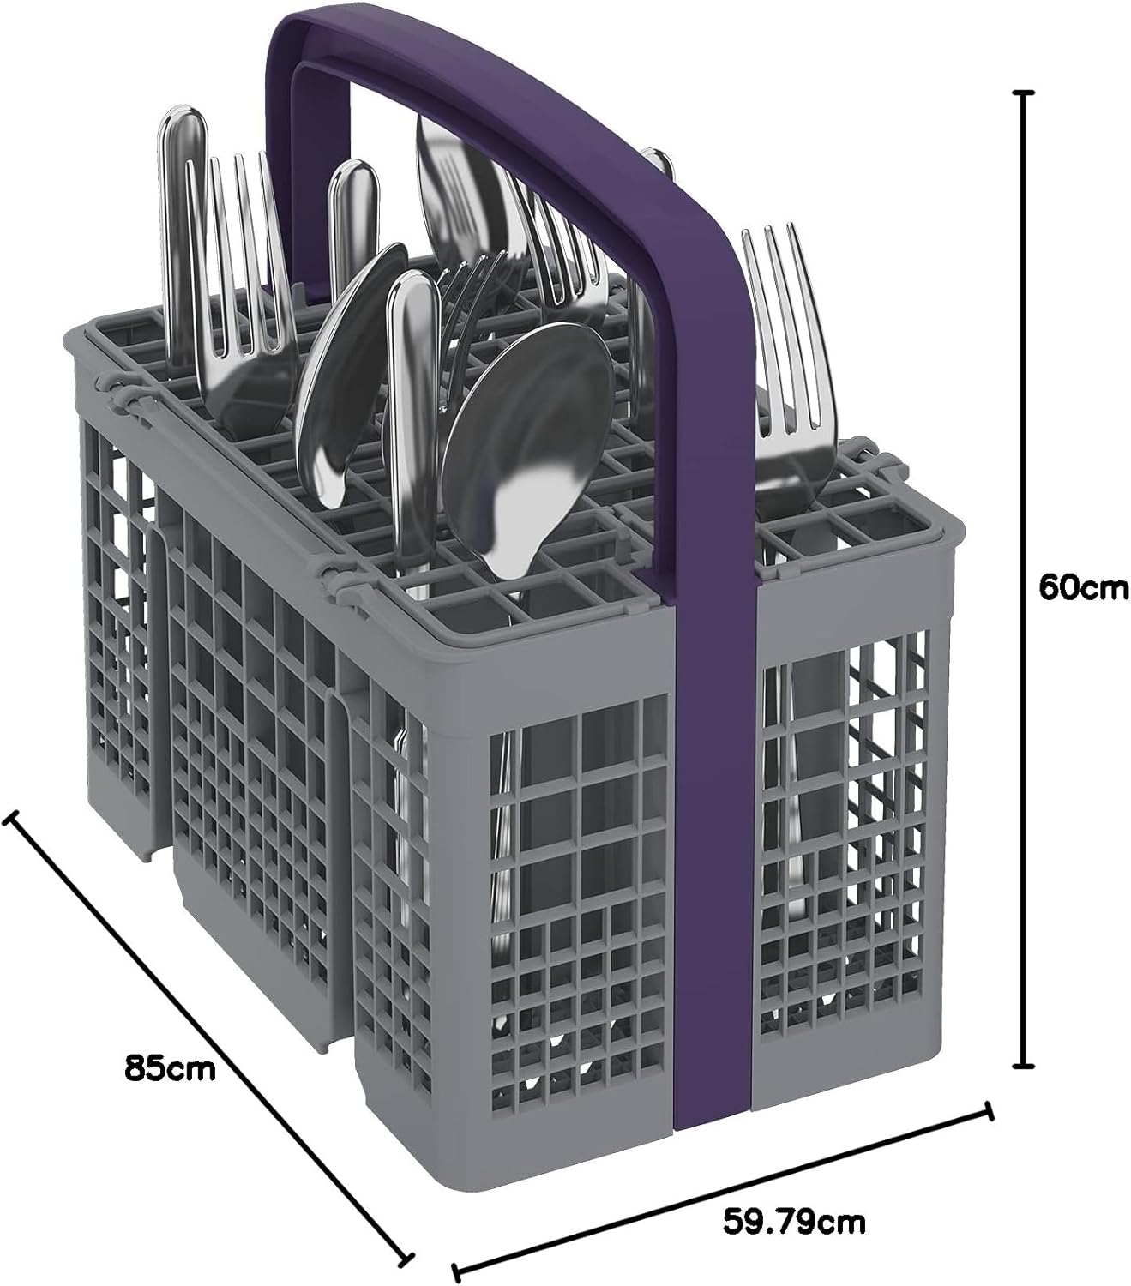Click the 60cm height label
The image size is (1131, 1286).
tap(1083, 588)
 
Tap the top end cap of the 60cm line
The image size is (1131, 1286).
tap(1022, 111)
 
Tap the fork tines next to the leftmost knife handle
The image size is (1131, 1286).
tap(244, 254)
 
